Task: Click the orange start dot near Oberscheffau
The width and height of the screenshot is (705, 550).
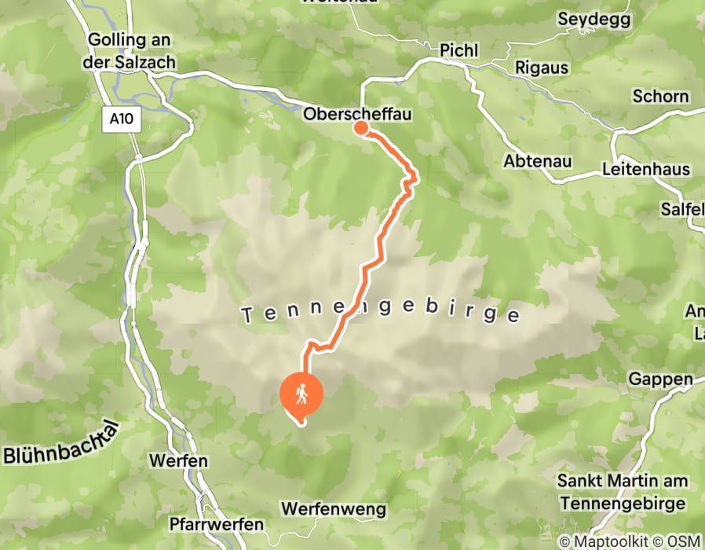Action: [361, 127]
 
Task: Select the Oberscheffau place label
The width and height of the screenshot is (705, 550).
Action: [357, 115]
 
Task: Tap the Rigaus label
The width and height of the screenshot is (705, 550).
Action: [542, 68]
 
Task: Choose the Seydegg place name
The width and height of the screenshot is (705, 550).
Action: [594, 20]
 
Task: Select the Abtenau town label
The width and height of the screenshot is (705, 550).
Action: [537, 161]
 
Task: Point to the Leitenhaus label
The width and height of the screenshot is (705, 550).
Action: [646, 169]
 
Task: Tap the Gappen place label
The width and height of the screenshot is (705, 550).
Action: [660, 379]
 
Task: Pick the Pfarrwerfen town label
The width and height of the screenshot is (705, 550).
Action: [216, 524]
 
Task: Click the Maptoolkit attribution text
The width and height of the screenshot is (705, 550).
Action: [605, 541]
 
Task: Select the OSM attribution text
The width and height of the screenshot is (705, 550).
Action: [682, 541]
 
